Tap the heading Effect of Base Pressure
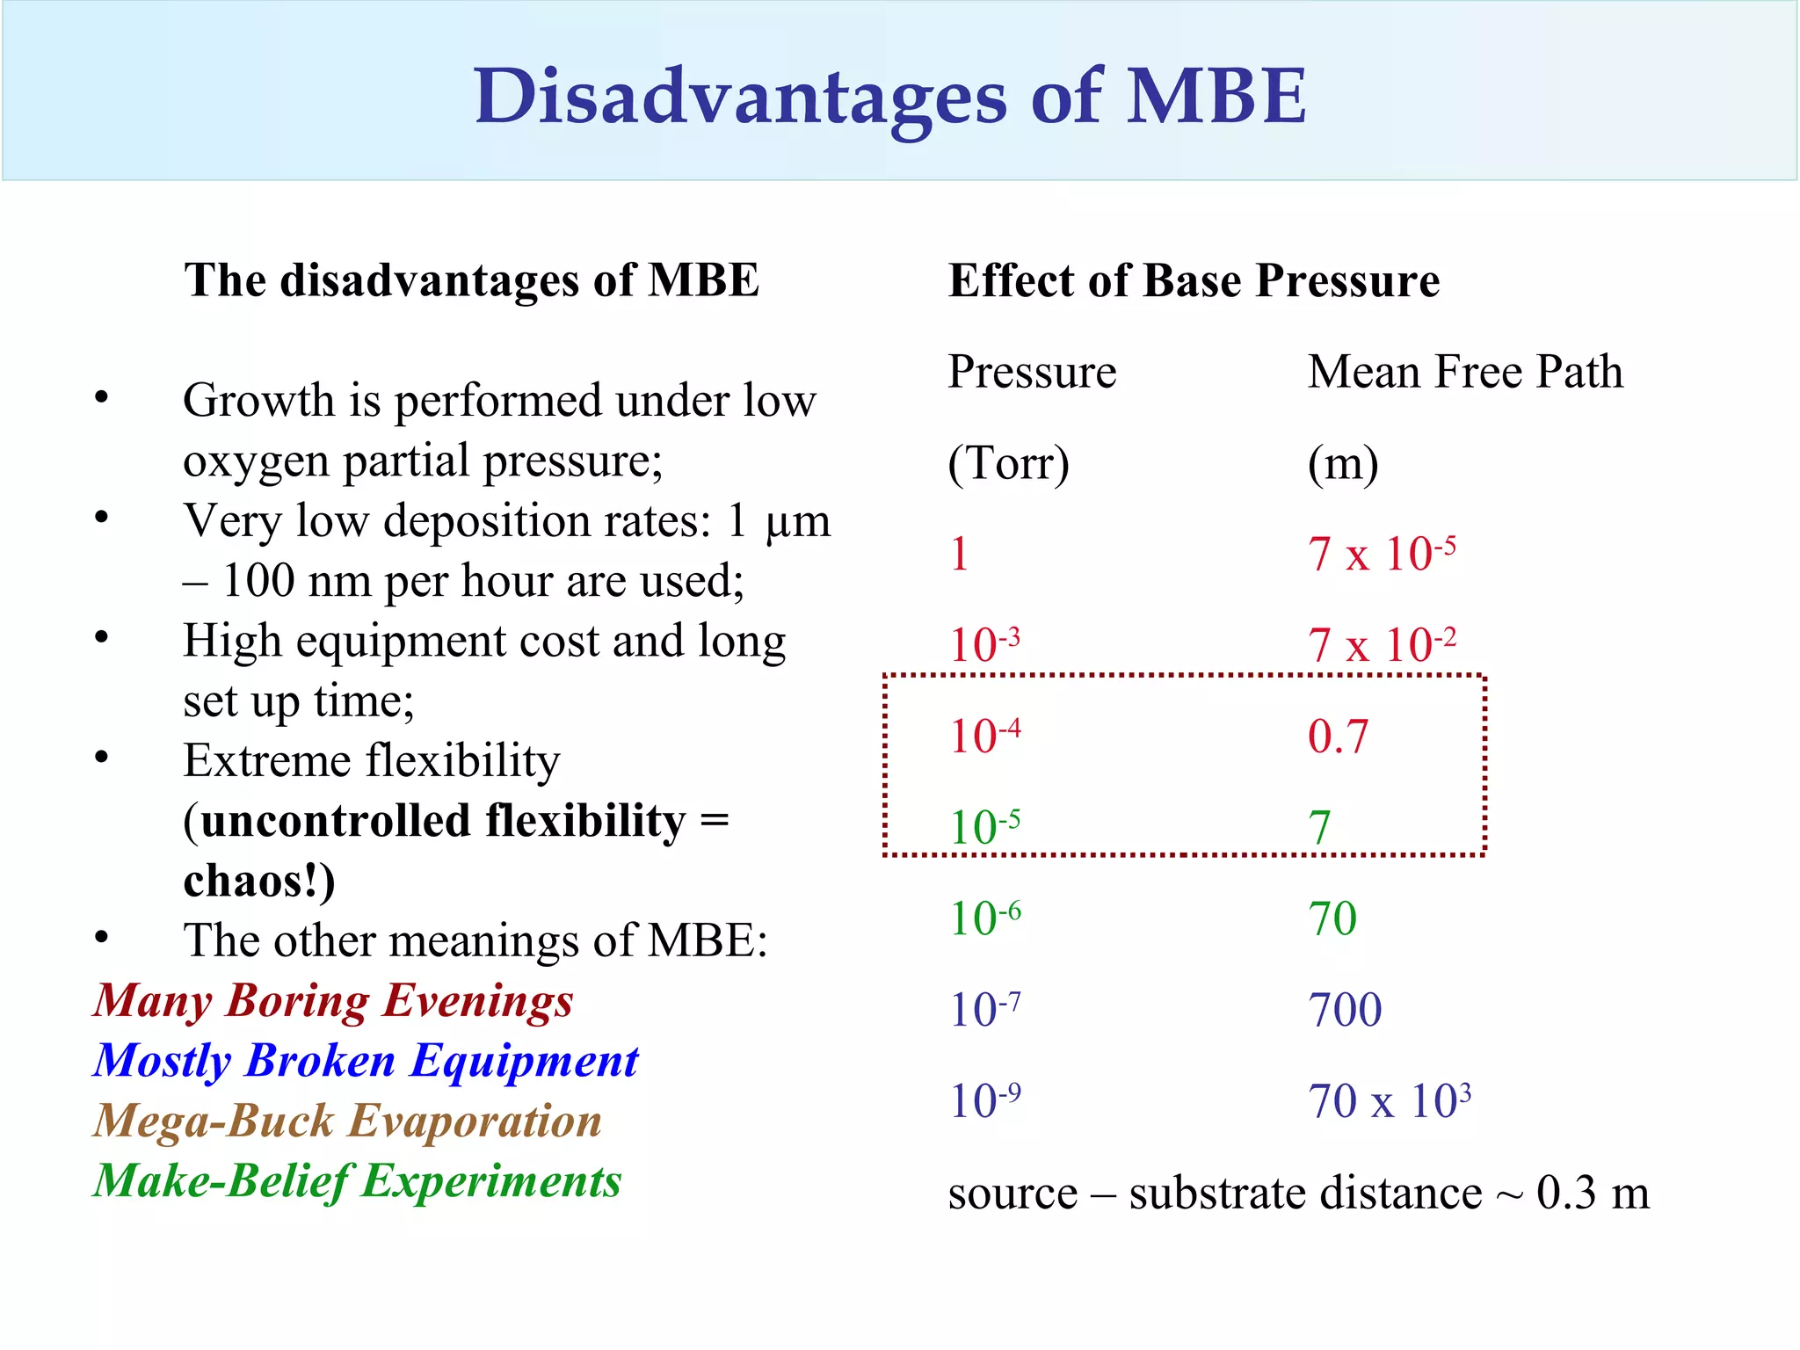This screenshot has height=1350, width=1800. point(1194,281)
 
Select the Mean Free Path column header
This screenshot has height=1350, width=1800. point(1464,372)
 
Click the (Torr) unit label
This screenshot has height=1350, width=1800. point(1008,463)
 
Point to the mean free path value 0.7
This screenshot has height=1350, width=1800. point(1338,737)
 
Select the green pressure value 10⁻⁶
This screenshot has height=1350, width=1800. point(985,918)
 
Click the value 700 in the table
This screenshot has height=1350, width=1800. point(1345,1010)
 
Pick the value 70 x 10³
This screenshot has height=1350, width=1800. point(1389,1100)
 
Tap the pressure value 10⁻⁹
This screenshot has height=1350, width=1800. point(985,1100)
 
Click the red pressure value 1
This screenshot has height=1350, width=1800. point(960,555)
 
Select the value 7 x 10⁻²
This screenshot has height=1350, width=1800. point(1381,645)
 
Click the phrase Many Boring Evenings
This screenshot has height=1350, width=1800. point(333,1001)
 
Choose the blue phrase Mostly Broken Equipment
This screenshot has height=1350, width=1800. point(366,1061)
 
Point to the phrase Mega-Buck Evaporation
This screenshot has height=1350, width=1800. point(347,1121)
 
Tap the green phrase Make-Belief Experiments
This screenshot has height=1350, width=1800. point(357,1181)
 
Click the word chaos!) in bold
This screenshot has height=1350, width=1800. point(259,882)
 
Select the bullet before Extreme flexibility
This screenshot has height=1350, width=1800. point(102,758)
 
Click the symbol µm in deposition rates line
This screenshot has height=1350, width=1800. point(797,522)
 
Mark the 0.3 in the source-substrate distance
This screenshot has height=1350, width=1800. point(1565,1194)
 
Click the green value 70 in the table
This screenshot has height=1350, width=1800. point(1332,918)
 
